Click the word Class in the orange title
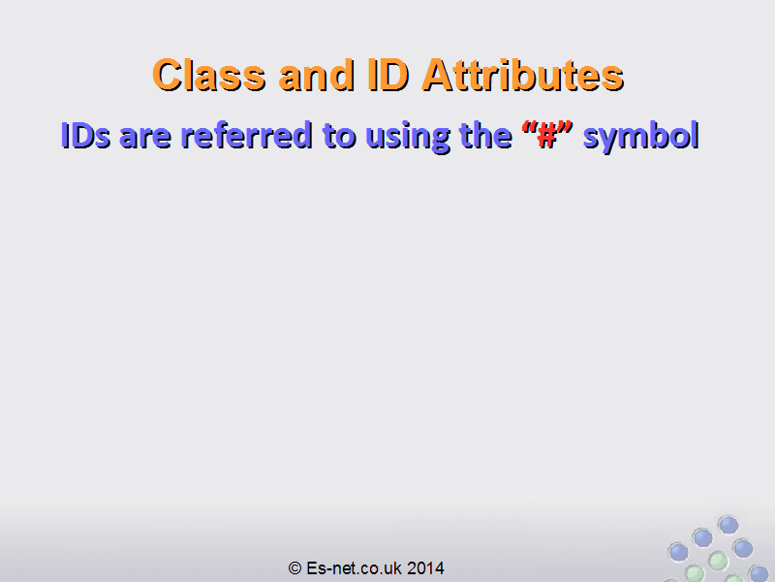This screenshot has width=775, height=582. pyautogui.click(x=209, y=76)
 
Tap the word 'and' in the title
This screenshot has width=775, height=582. pyautogui.click(x=317, y=76)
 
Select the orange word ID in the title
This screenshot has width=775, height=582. pyautogui.click(x=388, y=75)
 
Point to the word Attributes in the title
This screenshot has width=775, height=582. pyautogui.click(x=522, y=76)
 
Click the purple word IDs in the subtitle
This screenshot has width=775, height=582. pyautogui.click(x=85, y=135)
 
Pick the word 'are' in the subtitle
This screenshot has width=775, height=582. pyautogui.click(x=145, y=138)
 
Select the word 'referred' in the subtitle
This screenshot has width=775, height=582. pyautogui.click(x=247, y=135)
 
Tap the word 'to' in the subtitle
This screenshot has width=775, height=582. pyautogui.click(x=339, y=136)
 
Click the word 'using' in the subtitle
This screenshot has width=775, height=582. pyautogui.click(x=408, y=138)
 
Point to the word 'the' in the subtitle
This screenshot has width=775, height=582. pyautogui.click(x=485, y=135)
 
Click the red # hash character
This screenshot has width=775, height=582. pyautogui.click(x=547, y=136)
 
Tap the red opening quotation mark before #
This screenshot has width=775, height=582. pyautogui.click(x=530, y=128)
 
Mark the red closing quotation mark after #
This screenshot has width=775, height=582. pyautogui.click(x=566, y=128)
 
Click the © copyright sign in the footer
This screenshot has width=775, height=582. pyautogui.click(x=295, y=568)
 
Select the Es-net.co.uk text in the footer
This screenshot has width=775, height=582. pyautogui.click(x=355, y=568)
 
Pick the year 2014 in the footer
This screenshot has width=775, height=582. pyautogui.click(x=425, y=568)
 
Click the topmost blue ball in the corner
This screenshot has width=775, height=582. pyautogui.click(x=728, y=525)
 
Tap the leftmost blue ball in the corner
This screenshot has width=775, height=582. pyautogui.click(x=678, y=551)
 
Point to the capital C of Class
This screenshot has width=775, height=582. pyautogui.click(x=168, y=76)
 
